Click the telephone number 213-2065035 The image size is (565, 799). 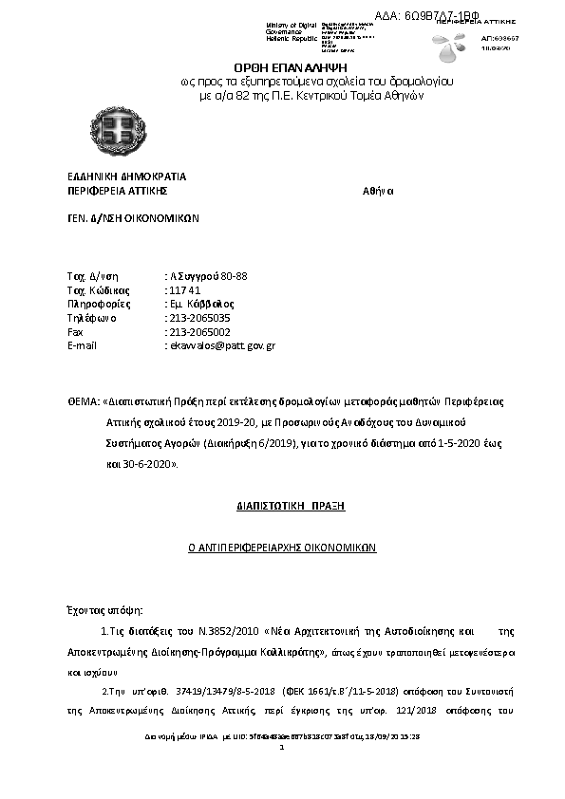198,318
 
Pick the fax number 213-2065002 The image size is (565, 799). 198,332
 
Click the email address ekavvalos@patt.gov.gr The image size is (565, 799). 221,346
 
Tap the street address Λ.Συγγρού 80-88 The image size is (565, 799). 207,275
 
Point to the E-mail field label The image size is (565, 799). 83,346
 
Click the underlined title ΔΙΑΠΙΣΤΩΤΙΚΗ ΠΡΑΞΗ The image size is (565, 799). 290,506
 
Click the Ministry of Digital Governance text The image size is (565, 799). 292,28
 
